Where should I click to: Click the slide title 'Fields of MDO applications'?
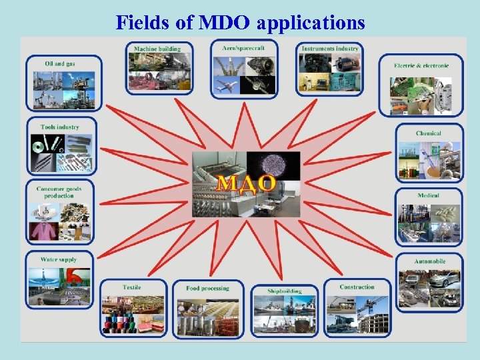tap(240, 23)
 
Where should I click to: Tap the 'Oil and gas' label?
tap(59, 64)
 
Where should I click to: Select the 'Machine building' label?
tap(157, 49)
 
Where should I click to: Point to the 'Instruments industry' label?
tap(329, 49)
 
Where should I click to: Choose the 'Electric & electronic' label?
tap(421, 65)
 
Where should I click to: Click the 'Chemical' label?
tap(428, 133)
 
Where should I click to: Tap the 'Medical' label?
tap(428, 196)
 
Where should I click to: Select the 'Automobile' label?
tap(429, 261)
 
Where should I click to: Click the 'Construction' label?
tap(357, 287)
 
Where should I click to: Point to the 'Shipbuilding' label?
tap(285, 291)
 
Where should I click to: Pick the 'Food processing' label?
tap(207, 288)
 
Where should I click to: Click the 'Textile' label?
tap(132, 287)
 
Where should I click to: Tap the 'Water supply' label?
tap(59, 259)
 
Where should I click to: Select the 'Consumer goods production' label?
tap(59, 192)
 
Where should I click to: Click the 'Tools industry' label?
tap(59, 127)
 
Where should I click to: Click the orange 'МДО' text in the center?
tap(246, 184)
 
